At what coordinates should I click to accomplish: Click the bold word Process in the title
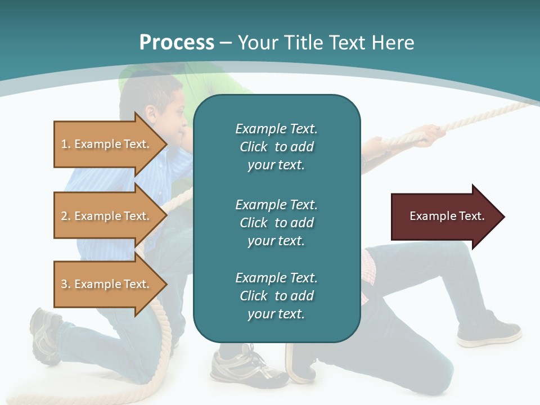click(x=177, y=43)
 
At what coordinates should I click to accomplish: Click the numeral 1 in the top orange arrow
click(x=64, y=144)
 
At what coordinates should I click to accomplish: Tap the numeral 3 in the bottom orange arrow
click(x=64, y=284)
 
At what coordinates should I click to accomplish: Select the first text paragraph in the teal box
click(x=276, y=147)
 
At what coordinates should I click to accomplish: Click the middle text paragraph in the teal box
click(x=276, y=222)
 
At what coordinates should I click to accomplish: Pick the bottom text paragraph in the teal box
click(x=276, y=296)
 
